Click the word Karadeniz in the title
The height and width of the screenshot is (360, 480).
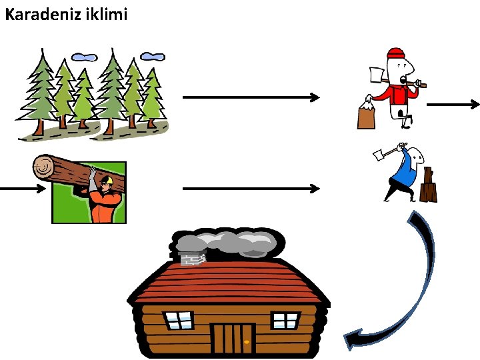point(41,13)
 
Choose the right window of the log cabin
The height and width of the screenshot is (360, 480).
point(286,320)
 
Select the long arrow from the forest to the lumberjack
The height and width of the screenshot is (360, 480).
point(251,97)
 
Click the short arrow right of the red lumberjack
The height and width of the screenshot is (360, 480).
point(453,104)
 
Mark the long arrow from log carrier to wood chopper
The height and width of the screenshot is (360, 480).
point(251,189)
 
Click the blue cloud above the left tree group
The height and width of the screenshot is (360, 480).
point(83,57)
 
